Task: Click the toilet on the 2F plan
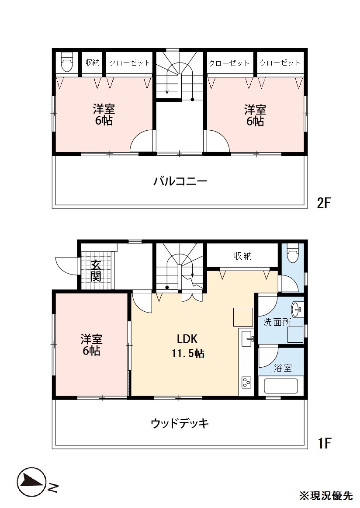pyautogui.click(x=67, y=62)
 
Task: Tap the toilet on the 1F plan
pyautogui.click(x=293, y=253)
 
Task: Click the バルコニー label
pyautogui.click(x=180, y=181)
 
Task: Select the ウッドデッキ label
pyautogui.click(x=180, y=423)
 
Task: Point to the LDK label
pyautogui.click(x=187, y=339)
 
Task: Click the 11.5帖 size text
pyautogui.click(x=188, y=354)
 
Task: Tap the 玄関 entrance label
pyautogui.click(x=96, y=271)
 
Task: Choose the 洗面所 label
pyautogui.click(x=277, y=322)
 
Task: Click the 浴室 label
pyautogui.click(x=283, y=368)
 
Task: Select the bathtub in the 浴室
pyautogui.click(x=280, y=386)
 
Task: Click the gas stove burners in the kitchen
pyautogui.click(x=246, y=383)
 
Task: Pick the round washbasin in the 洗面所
pyautogui.click(x=297, y=310)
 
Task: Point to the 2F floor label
pyautogui.click(x=323, y=203)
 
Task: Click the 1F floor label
pyautogui.click(x=324, y=443)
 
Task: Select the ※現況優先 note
pyautogui.click(x=325, y=496)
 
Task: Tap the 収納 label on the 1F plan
pyautogui.click(x=243, y=256)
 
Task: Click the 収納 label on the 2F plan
pyautogui.click(x=92, y=62)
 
